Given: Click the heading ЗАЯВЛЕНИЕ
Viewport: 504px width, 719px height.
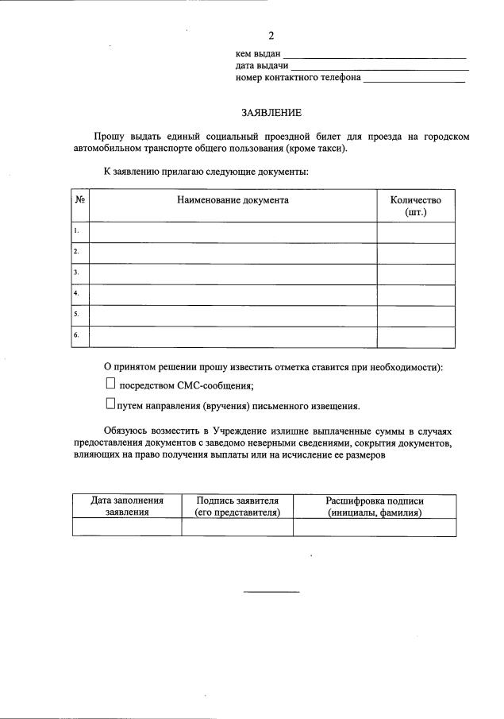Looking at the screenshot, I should [271, 114].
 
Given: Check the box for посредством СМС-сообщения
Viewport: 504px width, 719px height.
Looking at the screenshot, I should [110, 384].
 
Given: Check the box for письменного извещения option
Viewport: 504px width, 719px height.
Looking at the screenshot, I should [110, 404].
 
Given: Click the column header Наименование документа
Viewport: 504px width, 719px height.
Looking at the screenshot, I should [233, 200].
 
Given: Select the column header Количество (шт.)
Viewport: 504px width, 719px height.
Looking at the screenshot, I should [416, 207].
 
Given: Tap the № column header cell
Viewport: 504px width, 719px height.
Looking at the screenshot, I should [80, 200].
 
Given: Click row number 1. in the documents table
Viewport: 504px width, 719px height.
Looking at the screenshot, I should [77, 231].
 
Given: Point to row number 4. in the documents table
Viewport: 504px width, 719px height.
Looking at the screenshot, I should [77, 294].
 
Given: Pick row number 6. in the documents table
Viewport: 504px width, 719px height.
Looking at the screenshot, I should [77, 336].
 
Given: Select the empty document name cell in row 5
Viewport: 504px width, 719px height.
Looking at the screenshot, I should [233, 315].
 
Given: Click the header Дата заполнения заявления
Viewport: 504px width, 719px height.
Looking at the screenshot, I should [127, 506].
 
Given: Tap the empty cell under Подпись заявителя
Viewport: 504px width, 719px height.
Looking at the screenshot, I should [237, 528].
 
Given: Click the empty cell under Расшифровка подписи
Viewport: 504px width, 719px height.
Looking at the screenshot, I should [375, 528].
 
